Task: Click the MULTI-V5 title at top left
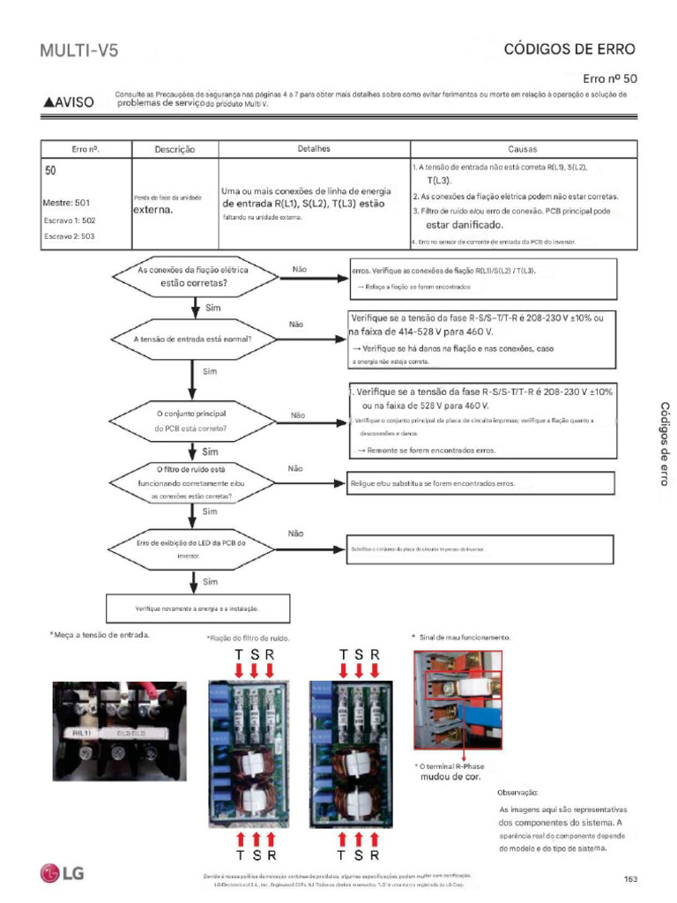pyautogui.click(x=78, y=51)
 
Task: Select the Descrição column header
pyautogui.click(x=175, y=150)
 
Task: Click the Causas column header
pyautogui.click(x=523, y=149)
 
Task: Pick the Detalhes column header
pyautogui.click(x=314, y=149)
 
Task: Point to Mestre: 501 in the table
pyautogui.click(x=66, y=203)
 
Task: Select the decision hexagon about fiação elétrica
pyautogui.click(x=192, y=277)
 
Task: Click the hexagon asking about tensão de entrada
pyautogui.click(x=192, y=339)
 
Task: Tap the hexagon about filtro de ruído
pyautogui.click(x=192, y=483)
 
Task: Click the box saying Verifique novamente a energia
pyautogui.click(x=197, y=608)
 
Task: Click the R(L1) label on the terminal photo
pyautogui.click(x=81, y=733)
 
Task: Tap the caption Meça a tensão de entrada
pyautogui.click(x=100, y=635)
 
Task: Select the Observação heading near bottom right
pyautogui.click(x=517, y=793)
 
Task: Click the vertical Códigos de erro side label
pyautogui.click(x=665, y=444)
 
